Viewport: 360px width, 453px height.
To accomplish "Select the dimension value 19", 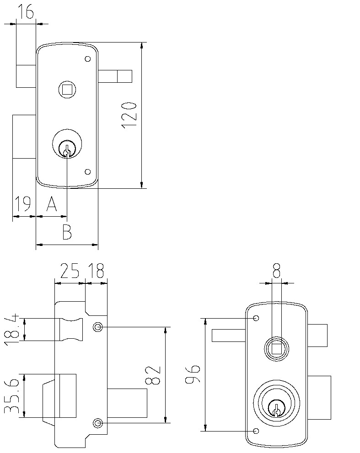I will (22, 203).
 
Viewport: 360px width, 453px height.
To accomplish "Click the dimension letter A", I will (52, 204).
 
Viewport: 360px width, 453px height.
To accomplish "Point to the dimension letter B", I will (67, 232).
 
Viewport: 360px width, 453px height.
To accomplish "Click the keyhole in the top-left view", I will (67, 149).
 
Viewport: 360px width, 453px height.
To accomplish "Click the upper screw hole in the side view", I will (97, 327).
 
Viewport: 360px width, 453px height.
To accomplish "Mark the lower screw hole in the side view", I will (97, 423).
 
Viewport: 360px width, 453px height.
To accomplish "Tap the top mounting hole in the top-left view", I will (87, 59).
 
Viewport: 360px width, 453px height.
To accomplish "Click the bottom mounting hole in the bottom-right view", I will (256, 431).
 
